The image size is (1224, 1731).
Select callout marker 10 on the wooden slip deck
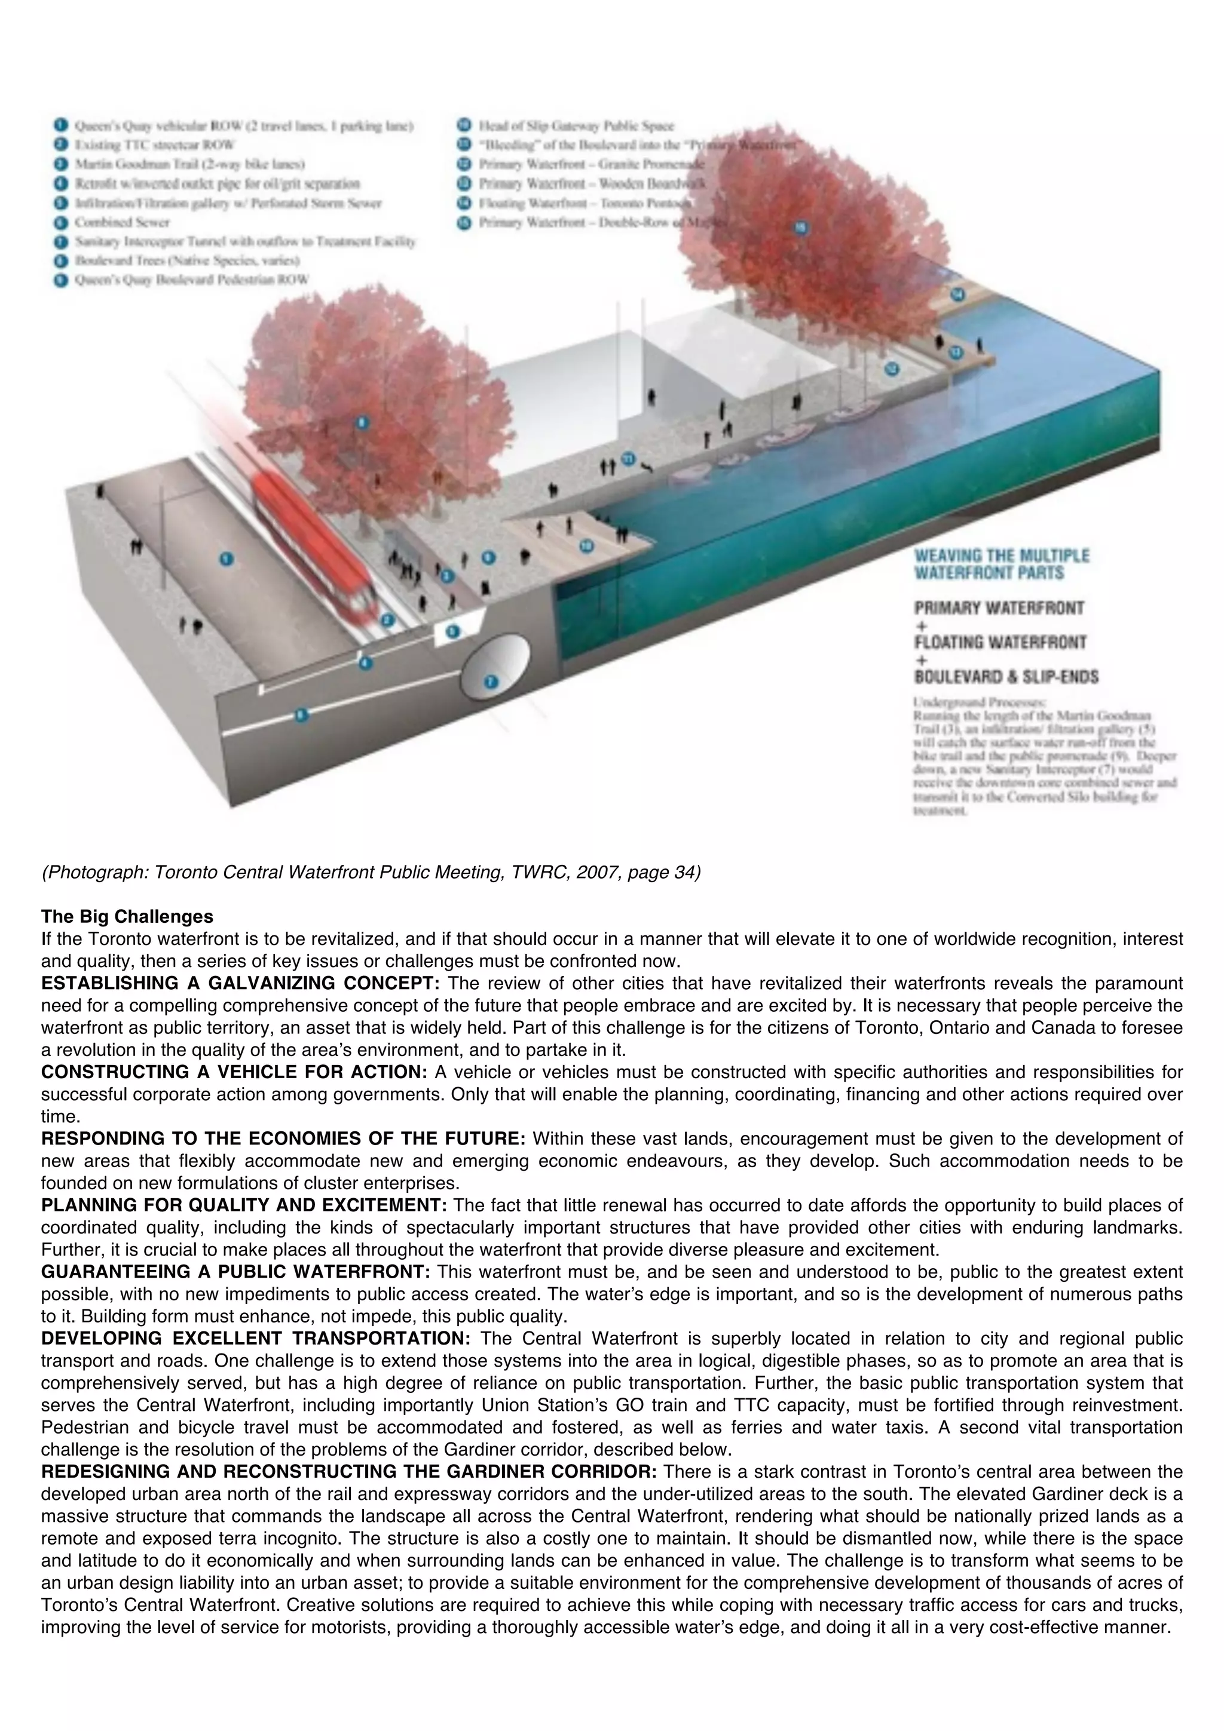[587, 546]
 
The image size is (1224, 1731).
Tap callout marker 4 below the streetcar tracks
[366, 664]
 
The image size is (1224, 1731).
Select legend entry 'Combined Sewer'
[121, 222]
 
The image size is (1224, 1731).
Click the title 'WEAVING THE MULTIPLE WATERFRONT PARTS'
[1000, 564]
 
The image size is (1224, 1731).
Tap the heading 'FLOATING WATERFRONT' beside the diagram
[1000, 642]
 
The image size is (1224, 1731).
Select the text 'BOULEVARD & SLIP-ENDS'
[1005, 676]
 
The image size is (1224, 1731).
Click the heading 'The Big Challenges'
[127, 917]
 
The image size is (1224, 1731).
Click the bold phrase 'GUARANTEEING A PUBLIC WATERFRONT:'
[235, 1272]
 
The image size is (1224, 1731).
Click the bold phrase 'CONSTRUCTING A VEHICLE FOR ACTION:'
[234, 1072]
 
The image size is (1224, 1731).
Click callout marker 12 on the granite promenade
[892, 369]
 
